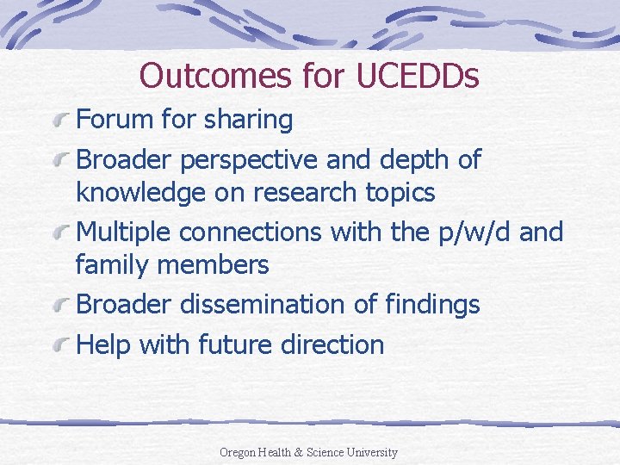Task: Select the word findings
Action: click(428, 304)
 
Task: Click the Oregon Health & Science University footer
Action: click(308, 452)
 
